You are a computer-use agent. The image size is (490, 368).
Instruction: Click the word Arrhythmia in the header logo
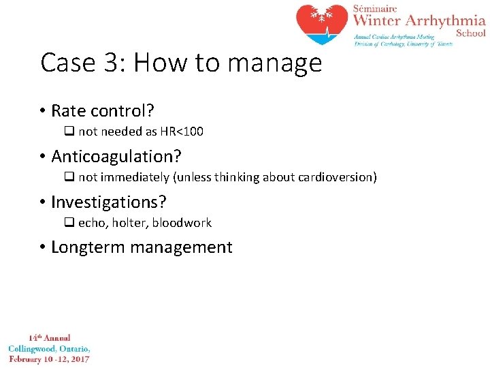click(446, 20)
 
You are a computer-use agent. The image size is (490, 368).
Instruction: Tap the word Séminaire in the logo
click(374, 7)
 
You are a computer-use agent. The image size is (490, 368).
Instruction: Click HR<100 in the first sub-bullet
click(181, 132)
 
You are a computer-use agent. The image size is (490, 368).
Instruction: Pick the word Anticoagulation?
click(116, 156)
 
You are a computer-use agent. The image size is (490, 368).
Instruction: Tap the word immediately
click(133, 177)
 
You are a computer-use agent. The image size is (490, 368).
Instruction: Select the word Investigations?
click(108, 202)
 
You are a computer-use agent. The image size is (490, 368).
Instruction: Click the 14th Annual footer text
click(49, 338)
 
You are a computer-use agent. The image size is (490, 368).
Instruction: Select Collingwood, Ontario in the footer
click(49, 348)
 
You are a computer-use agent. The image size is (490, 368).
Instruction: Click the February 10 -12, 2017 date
click(49, 358)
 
